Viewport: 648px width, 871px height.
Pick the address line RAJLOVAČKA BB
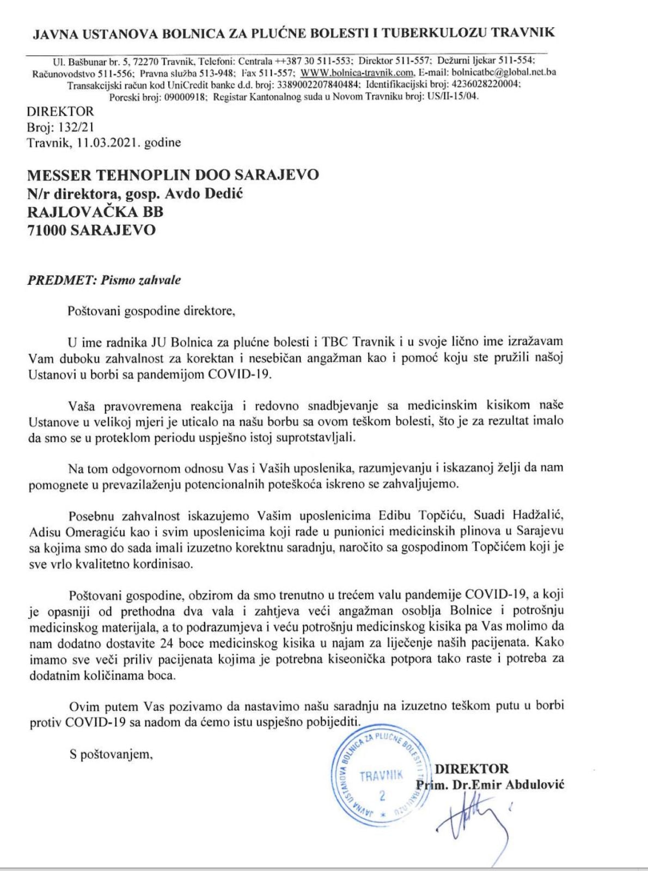coord(95,211)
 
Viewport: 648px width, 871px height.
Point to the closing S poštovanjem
coord(111,755)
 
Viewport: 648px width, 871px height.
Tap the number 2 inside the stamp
coord(382,795)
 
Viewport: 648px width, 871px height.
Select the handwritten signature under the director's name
coord(469,817)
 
